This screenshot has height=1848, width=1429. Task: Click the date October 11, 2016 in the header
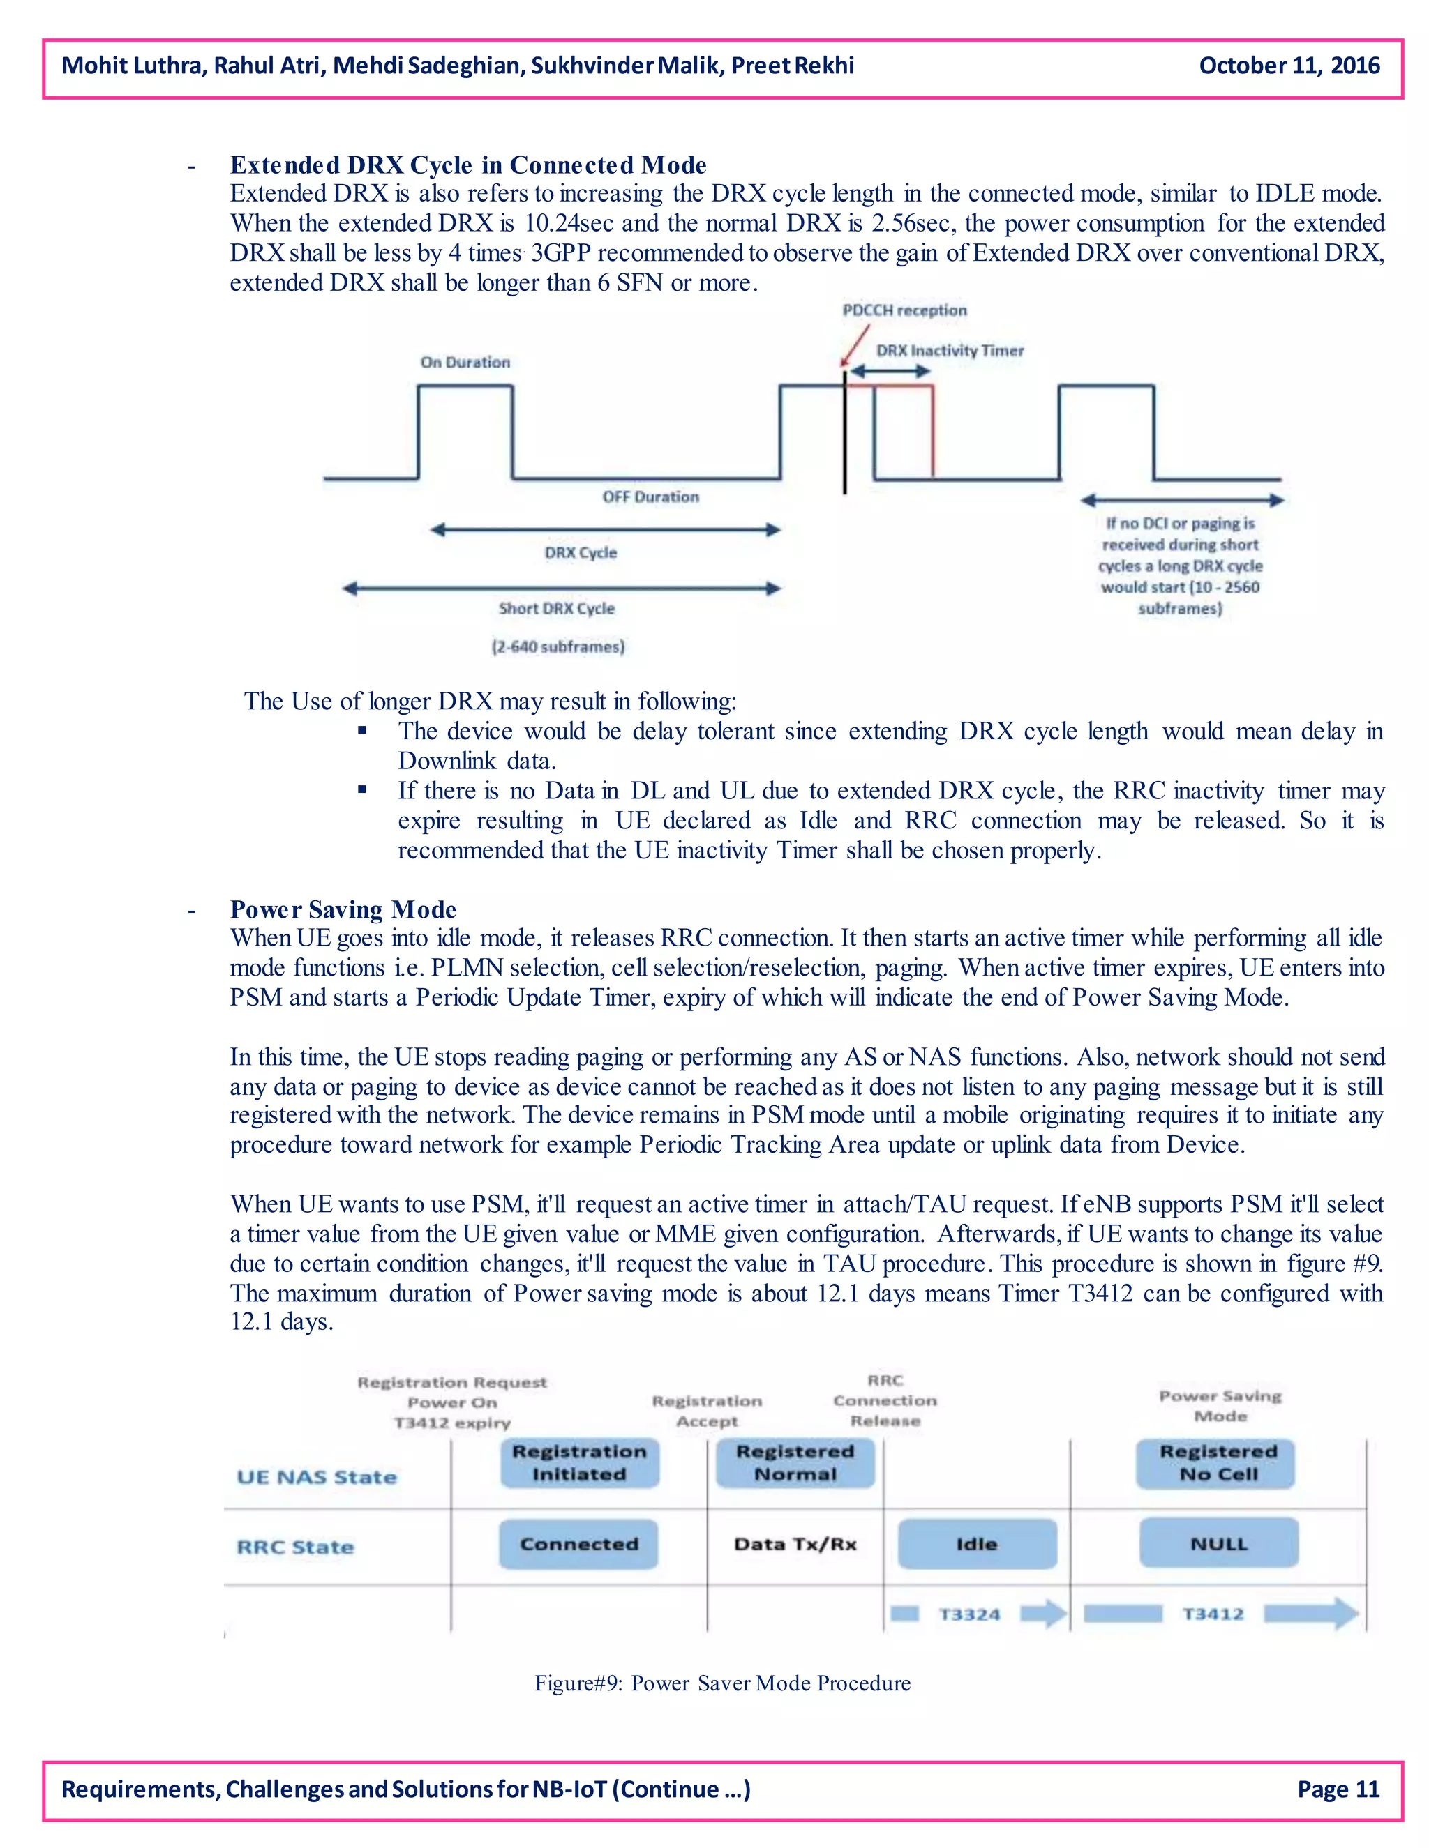point(1289,66)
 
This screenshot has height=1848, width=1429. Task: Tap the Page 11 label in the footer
point(1338,1789)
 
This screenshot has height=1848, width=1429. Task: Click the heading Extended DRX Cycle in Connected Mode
point(468,165)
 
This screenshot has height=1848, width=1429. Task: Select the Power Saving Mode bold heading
point(343,909)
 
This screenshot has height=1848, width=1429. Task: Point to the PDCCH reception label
point(904,310)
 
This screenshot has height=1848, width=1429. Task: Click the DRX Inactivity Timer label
point(950,350)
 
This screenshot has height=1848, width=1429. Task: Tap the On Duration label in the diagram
point(465,362)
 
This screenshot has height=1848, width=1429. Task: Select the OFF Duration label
point(650,497)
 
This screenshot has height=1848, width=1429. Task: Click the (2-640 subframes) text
point(558,646)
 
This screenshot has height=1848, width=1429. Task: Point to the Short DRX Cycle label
point(556,608)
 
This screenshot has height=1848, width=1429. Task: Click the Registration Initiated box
point(579,1463)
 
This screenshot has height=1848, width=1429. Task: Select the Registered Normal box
point(795,1463)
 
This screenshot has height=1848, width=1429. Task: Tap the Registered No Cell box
point(1218,1463)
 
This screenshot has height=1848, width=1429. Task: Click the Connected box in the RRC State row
point(579,1544)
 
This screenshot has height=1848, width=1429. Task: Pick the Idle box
point(976,1544)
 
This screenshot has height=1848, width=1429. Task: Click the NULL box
point(1218,1544)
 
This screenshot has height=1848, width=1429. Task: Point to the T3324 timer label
point(969,1614)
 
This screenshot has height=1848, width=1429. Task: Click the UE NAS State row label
point(317,1478)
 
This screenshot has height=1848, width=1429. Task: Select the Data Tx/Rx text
point(795,1544)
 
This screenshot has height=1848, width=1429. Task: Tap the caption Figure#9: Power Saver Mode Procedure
point(722,1683)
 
